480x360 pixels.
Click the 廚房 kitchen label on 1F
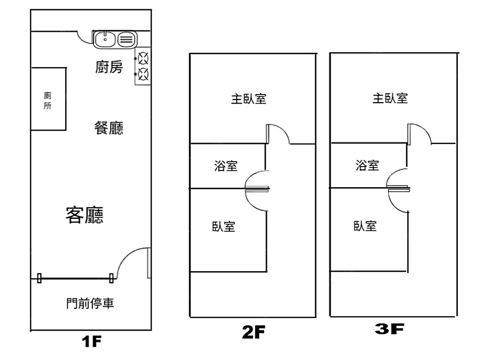109,68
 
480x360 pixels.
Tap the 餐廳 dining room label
109,128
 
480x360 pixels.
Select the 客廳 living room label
84,215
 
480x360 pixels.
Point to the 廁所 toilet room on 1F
48,99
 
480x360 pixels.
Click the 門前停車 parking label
90,303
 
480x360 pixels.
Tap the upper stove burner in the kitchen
143,59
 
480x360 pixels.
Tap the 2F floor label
253,332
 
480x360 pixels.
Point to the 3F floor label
389,329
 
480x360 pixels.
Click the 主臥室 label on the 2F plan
249,99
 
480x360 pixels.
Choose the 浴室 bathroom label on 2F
226,166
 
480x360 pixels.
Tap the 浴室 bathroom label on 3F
367,166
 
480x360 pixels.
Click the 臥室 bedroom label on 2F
224,227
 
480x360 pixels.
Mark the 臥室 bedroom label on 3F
365,226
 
